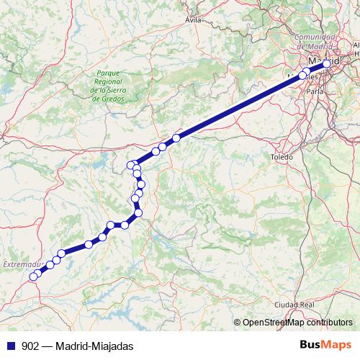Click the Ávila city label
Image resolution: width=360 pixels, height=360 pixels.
(193, 20)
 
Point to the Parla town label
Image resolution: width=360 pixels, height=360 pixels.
(315, 92)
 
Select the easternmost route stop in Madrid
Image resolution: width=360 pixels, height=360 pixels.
(327, 63)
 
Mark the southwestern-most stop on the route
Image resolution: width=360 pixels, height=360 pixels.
(33, 276)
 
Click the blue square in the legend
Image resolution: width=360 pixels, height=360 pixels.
(9, 346)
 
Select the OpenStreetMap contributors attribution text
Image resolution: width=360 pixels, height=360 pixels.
(297, 323)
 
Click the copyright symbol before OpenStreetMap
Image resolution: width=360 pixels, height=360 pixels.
(238, 323)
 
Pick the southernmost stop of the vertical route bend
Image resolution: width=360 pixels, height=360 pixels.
(138, 212)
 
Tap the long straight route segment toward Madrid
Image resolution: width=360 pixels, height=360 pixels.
(238, 107)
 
